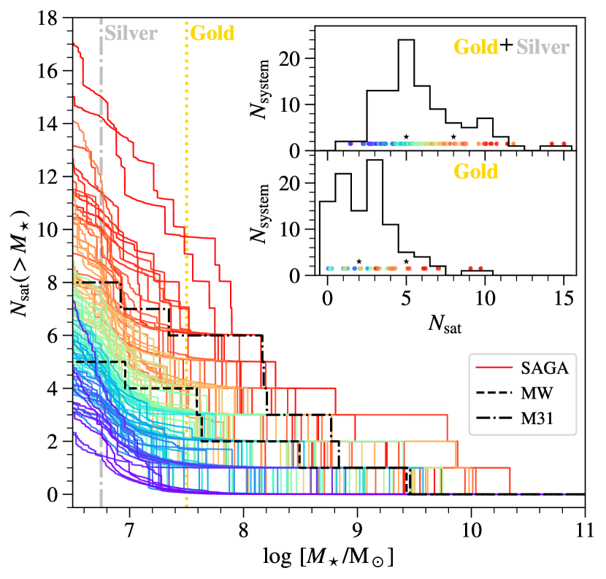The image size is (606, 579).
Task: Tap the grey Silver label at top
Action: tap(129, 33)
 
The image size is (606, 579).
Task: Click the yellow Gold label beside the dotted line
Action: tap(212, 33)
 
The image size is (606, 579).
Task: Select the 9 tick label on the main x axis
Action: tap(357, 527)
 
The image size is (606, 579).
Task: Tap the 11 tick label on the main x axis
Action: tap(584, 527)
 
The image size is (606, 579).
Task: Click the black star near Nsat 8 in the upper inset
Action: tap(453, 137)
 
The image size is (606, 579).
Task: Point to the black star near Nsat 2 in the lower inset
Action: tap(359, 261)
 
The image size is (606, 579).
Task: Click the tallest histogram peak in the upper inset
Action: tap(406, 40)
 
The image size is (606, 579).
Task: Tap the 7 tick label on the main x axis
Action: tap(129, 527)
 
